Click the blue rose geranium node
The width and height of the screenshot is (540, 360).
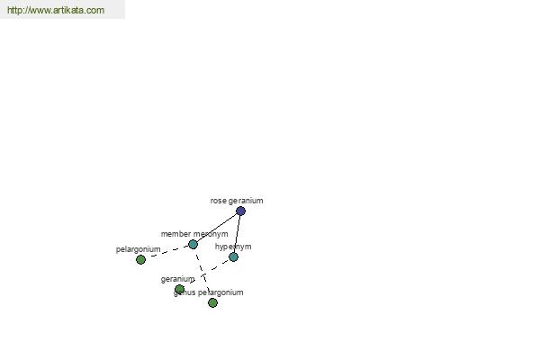pyautogui.click(x=240, y=211)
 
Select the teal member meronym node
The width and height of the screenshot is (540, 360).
pyautogui.click(x=193, y=244)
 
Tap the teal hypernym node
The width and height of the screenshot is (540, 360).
pyautogui.click(x=233, y=256)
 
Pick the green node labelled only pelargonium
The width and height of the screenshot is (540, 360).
pyautogui.click(x=140, y=259)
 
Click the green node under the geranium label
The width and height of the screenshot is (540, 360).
pyautogui.click(x=179, y=289)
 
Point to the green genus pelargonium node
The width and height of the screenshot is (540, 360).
pyautogui.click(x=212, y=302)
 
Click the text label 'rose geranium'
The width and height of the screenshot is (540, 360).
pyautogui.click(x=237, y=201)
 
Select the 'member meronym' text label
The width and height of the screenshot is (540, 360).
pyautogui.click(x=194, y=234)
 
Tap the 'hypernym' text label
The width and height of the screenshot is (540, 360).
pyautogui.click(x=233, y=247)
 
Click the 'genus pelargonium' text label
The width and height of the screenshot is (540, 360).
pyautogui.click(x=209, y=292)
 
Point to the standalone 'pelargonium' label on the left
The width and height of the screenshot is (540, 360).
pyautogui.click(x=138, y=249)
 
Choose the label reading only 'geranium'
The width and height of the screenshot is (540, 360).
pyautogui.click(x=177, y=279)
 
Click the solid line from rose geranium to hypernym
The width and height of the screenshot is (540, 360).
pyautogui.click(x=237, y=234)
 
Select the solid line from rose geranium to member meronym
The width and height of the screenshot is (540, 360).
pyautogui.click(x=217, y=228)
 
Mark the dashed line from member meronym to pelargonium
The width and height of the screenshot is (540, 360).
pyautogui.click(x=166, y=252)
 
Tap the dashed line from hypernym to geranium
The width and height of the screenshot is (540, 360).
pyautogui.click(x=207, y=273)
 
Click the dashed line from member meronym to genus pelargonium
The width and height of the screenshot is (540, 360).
pyautogui.click(x=202, y=274)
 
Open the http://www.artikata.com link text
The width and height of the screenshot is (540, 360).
pyautogui.click(x=56, y=10)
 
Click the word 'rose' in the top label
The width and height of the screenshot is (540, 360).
pyautogui.click(x=218, y=201)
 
